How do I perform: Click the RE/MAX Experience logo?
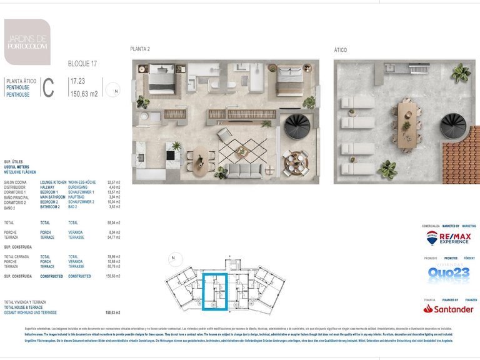(x=447, y=237)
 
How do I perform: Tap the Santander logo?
(x=447, y=309)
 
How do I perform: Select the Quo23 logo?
(x=449, y=274)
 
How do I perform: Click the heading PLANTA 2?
(x=140, y=49)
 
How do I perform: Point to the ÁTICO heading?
(x=341, y=49)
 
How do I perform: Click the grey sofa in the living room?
(x=245, y=170)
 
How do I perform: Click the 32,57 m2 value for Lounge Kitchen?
(x=114, y=182)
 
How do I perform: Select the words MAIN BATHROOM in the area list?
(x=53, y=196)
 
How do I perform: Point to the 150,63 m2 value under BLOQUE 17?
(x=84, y=94)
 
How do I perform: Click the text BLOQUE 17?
(x=82, y=64)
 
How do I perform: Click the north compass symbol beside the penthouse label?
(x=114, y=91)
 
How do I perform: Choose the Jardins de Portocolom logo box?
(x=27, y=42)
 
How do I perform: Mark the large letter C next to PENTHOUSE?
(x=49, y=89)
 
